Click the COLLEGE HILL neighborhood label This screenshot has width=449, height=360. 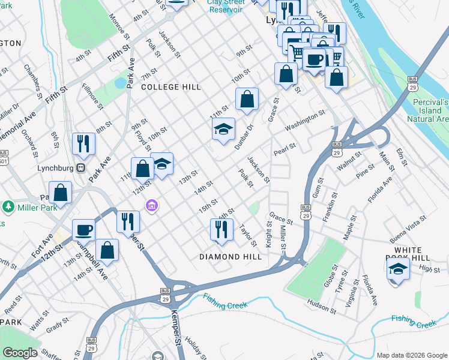pos(171,87)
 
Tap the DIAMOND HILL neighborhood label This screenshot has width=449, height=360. pos(231,257)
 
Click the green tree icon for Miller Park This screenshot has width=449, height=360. pos(8,208)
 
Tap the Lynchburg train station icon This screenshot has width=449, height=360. pos(80,168)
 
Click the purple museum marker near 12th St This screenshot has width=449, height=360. pos(152,206)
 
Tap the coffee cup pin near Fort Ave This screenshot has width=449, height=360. pos(84,230)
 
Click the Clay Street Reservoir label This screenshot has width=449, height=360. pos(226,5)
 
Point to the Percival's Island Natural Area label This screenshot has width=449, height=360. pos(431,110)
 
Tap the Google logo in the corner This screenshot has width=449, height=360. pos(19,353)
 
